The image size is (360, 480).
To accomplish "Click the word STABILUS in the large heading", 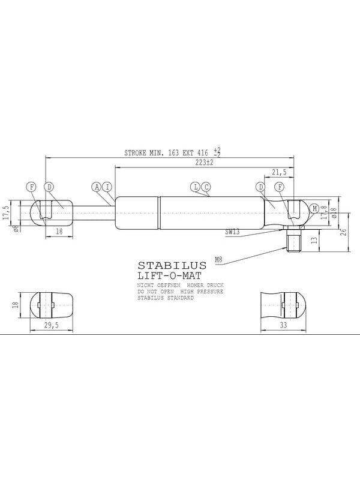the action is click(172, 265).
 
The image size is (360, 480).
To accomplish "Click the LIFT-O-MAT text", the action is click(169, 276).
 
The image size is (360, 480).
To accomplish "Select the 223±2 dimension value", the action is click(204, 163).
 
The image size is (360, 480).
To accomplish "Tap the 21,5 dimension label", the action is click(279, 172).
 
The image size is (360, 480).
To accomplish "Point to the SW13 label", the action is click(232, 232).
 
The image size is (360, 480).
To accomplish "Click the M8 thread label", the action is click(218, 260).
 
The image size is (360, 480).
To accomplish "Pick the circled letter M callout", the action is click(314, 209).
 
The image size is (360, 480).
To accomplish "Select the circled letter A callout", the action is click(97, 187).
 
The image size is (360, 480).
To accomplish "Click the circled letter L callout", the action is click(195, 187).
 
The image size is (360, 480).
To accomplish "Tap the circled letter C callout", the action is click(206, 187).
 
